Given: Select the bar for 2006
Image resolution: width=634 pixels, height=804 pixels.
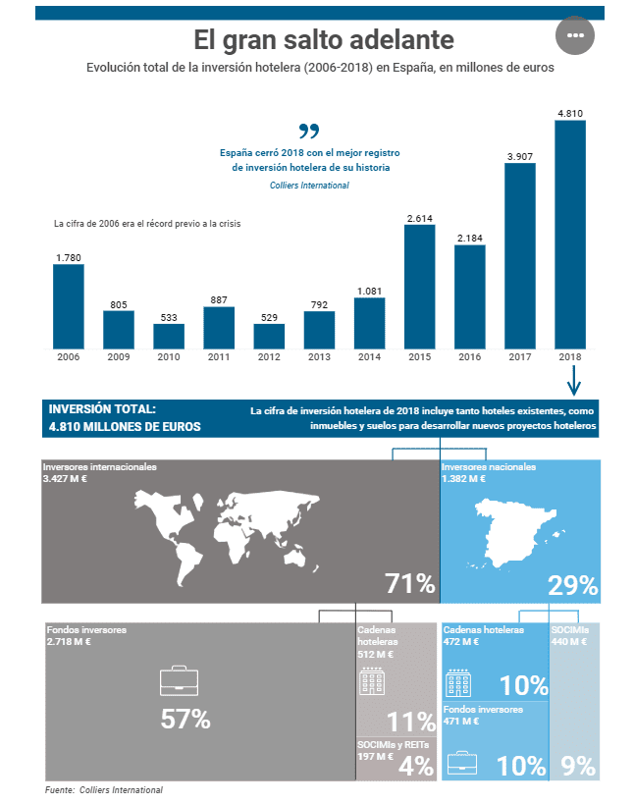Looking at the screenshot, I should click(x=69, y=306).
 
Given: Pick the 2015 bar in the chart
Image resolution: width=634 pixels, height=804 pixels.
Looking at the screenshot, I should click(x=419, y=287).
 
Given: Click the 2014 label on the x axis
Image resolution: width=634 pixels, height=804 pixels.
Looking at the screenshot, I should click(x=369, y=357).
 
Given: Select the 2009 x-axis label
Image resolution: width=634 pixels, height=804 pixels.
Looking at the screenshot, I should click(x=119, y=357).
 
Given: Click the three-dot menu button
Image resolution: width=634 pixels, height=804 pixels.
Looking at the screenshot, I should click(x=575, y=35).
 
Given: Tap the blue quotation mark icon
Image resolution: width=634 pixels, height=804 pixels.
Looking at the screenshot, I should click(x=309, y=131).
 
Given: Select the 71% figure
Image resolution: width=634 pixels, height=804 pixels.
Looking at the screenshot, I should click(x=409, y=584).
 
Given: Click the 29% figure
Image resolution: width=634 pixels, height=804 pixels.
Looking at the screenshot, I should click(x=572, y=585).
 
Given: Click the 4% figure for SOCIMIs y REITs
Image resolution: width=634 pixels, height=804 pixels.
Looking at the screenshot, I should click(x=416, y=767).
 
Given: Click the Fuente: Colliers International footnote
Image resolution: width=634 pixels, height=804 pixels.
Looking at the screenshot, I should click(x=104, y=790).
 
